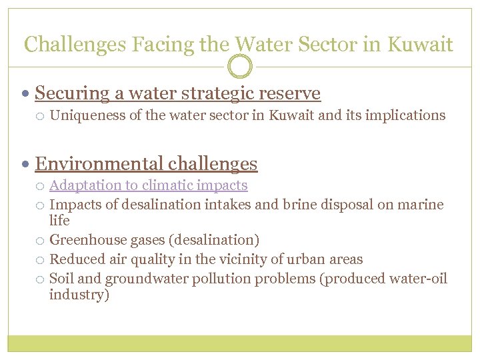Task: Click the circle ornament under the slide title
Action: pos(240,67)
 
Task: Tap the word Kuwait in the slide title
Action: pos(419,45)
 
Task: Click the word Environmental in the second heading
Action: pos(99,163)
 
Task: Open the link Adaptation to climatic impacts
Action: pos(148,185)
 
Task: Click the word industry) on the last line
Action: pos(78,295)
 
